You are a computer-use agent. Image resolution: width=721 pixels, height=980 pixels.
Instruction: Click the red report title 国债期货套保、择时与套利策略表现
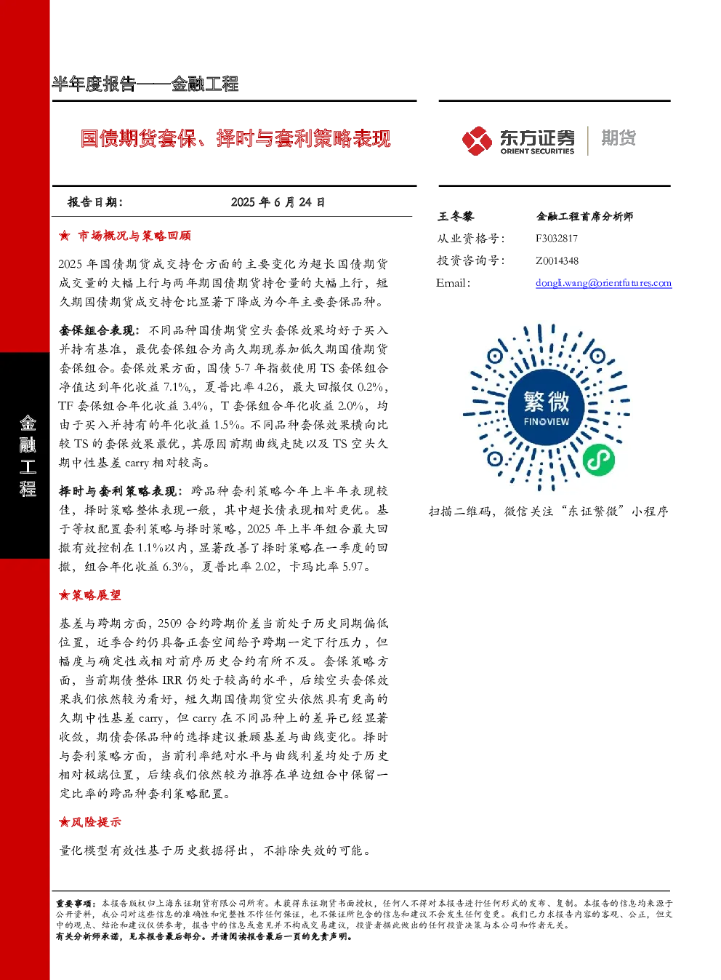coord(235,139)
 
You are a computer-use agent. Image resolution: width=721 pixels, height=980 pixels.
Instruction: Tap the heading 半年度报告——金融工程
coord(145,84)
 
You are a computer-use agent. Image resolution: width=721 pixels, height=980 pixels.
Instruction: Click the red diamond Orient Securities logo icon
coord(478,140)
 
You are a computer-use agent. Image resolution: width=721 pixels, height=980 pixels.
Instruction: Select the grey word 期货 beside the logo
coord(619,138)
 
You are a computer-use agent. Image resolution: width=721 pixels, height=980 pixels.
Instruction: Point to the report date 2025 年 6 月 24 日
coord(278,202)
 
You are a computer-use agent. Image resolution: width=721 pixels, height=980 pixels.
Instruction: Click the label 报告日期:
coord(94,202)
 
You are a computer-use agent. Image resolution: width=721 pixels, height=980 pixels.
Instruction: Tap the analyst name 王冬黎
coord(456,216)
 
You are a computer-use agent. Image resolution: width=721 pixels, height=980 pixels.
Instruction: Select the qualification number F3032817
coord(557,239)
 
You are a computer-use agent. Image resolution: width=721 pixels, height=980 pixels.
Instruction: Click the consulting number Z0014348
coord(557,260)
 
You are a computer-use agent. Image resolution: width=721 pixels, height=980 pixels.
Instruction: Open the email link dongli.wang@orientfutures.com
coord(603,283)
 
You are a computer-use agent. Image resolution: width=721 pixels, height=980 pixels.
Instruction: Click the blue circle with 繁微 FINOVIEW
coord(547,407)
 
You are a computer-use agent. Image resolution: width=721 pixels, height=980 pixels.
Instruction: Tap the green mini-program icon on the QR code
coord(599,460)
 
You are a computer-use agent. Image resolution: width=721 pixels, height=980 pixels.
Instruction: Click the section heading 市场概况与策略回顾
coord(134,236)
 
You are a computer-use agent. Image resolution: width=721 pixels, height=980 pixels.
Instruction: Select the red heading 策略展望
coord(96,595)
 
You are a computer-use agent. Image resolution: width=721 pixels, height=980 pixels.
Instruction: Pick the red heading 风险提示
coord(96,822)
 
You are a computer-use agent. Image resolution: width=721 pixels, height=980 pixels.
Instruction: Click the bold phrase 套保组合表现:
coord(99,331)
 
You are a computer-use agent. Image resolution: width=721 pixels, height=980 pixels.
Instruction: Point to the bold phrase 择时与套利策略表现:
coord(118,491)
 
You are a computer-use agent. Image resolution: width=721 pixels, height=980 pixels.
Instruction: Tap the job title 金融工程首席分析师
coord(584,216)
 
